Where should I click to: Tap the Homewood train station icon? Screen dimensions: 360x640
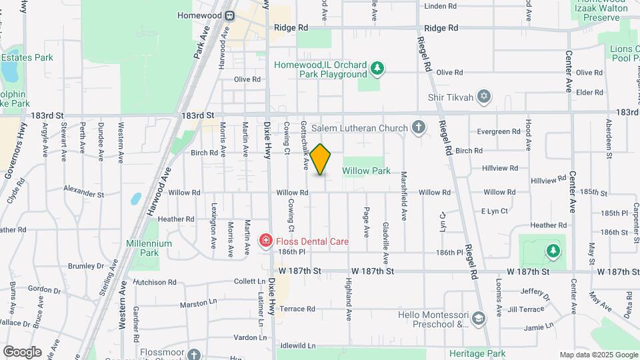(x=229, y=15)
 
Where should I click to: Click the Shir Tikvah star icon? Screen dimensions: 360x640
(x=485, y=97)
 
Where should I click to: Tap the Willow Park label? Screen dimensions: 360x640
(x=366, y=171)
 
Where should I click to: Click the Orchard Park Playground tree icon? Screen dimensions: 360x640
(x=377, y=68)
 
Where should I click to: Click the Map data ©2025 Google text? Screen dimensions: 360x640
(x=598, y=355)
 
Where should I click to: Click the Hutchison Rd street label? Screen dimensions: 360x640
(x=155, y=282)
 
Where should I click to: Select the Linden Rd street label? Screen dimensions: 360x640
(x=440, y=6)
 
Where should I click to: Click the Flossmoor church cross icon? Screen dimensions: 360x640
(x=194, y=354)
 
